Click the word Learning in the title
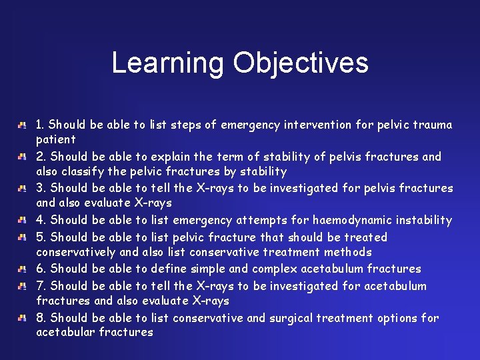(168, 63)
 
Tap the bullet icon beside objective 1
(23, 125)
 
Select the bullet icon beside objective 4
(23, 220)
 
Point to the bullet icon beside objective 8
(23, 318)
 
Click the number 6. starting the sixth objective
(41, 269)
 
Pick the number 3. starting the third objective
(41, 188)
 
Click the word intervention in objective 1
(319, 125)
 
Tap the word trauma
(433, 125)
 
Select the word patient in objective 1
(56, 139)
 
